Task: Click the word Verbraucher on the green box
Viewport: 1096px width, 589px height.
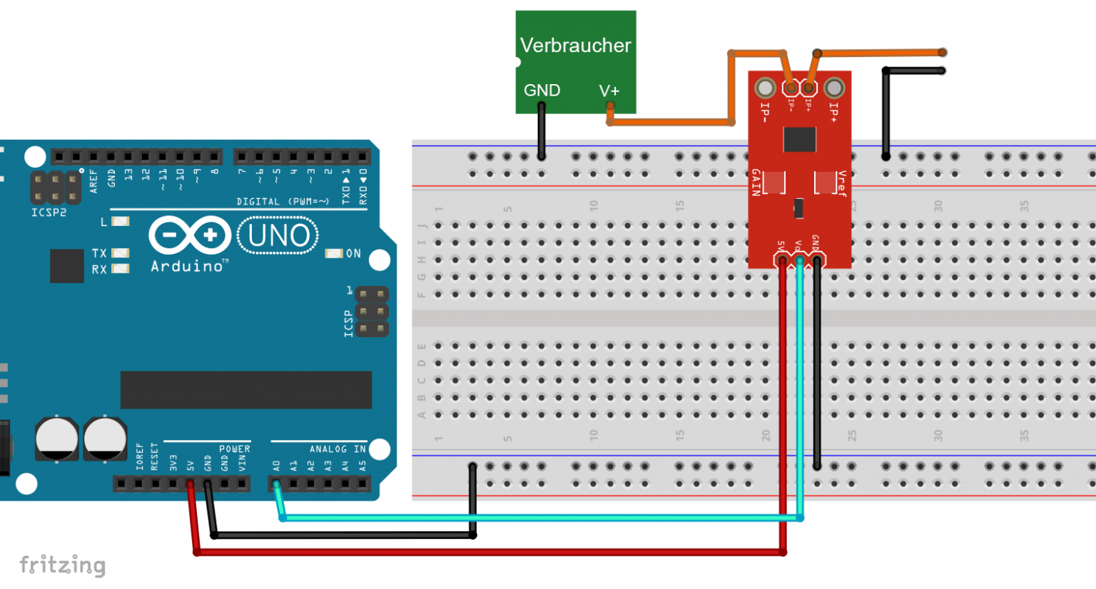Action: coord(575,46)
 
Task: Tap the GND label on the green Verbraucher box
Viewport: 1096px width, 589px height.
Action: coord(542,91)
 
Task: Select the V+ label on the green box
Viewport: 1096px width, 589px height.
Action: coord(609,91)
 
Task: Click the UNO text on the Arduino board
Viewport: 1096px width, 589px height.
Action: coord(278,236)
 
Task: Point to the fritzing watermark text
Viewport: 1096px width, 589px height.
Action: coord(63,565)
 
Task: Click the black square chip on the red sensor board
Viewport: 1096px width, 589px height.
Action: coord(799,140)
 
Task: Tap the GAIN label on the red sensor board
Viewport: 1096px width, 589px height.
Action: coord(756,183)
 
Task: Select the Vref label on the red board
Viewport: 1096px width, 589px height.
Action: coord(842,183)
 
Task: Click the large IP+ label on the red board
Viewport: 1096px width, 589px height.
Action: coord(833,112)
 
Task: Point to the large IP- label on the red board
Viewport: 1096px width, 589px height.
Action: coord(764,112)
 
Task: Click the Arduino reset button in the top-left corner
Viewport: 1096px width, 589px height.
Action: coord(35,157)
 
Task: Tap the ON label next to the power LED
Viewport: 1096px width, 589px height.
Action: coord(353,253)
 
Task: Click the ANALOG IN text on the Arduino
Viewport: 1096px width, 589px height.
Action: coord(338,449)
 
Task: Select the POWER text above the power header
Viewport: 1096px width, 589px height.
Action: coord(234,449)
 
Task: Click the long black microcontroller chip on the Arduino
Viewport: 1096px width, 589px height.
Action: coord(245,389)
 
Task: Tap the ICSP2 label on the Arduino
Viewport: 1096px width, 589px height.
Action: coord(49,212)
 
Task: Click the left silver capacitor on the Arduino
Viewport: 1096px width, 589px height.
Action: coord(57,439)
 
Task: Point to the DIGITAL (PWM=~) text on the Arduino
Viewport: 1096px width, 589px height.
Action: coord(283,202)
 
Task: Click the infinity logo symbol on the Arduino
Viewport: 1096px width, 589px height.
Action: coord(190,235)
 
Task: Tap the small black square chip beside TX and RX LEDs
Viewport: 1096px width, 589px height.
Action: coord(67,266)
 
